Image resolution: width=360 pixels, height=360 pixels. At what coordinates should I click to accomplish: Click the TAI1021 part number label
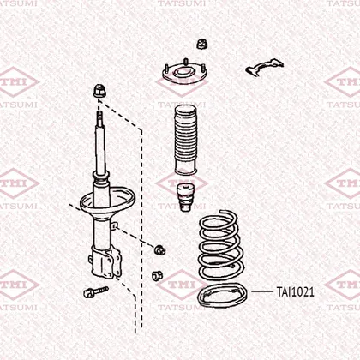coord(295,292)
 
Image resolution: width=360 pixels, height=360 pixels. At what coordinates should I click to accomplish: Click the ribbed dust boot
coord(186,140)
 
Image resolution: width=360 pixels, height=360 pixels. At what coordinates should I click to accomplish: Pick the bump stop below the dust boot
coord(186,198)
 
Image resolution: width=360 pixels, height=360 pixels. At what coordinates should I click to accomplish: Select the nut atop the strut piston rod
coord(99,91)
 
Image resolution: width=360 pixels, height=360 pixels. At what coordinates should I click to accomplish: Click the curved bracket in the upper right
coord(264,67)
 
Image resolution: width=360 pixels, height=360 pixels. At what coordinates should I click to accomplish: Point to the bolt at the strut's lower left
coord(96,292)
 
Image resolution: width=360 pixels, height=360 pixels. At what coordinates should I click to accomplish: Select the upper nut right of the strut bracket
coord(159,249)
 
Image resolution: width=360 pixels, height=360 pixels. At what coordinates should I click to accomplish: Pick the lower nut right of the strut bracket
coord(157,275)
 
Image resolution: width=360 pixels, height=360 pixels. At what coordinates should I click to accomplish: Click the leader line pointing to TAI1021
coord(262,292)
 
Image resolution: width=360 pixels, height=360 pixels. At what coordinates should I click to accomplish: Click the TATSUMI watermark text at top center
coord(182,3)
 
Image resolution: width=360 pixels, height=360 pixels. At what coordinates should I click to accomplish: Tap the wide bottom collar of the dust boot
coord(186,171)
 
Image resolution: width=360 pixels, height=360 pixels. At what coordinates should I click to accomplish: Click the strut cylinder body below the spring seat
coord(101,233)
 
